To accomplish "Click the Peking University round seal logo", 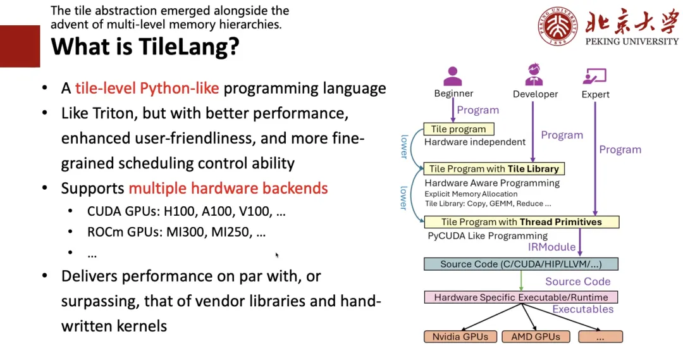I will click(x=558, y=27).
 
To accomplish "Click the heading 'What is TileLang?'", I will click(x=145, y=47).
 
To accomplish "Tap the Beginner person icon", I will click(x=453, y=76).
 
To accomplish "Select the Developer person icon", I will click(x=534, y=75).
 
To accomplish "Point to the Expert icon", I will click(x=594, y=77).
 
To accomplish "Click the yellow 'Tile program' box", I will click(x=458, y=129).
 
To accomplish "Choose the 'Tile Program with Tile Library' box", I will click(x=494, y=169).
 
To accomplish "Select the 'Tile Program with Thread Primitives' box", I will click(x=521, y=222).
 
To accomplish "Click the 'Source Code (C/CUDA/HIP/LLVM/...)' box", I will click(x=520, y=264).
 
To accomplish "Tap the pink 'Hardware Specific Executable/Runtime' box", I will click(x=520, y=297).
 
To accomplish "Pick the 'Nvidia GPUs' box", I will click(x=460, y=337).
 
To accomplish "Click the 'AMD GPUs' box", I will click(x=535, y=337).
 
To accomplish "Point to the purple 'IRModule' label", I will click(x=552, y=247).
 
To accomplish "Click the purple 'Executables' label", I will click(x=582, y=309).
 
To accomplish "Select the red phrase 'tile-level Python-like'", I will click(x=147, y=88).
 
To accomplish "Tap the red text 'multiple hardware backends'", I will click(x=228, y=188).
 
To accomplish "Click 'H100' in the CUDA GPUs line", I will click(x=182, y=211).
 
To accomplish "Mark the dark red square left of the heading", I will click(x=20, y=46).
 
